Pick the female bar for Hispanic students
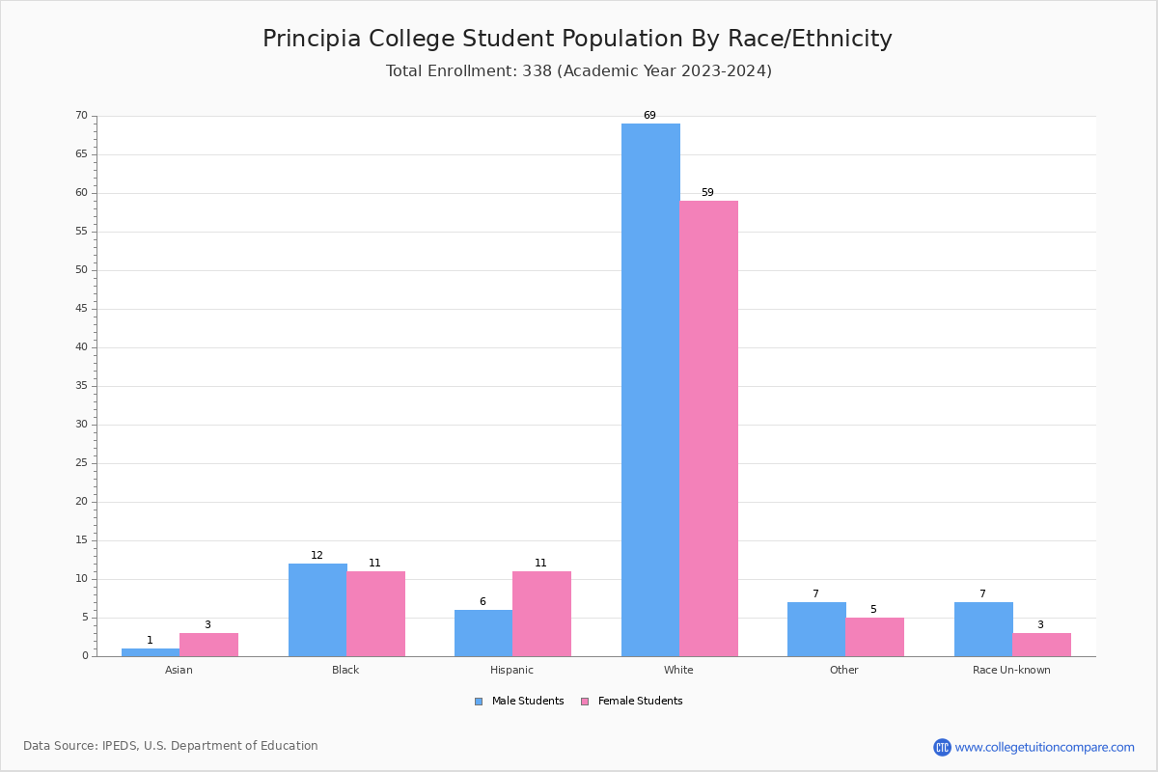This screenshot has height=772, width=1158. pyautogui.click(x=541, y=614)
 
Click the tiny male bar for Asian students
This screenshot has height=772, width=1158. pyautogui.click(x=151, y=652)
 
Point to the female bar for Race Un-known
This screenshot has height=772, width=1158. pyautogui.click(x=1041, y=645)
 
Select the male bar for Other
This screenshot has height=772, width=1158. pyautogui.click(x=816, y=629)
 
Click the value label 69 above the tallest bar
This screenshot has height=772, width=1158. pyautogui.click(x=649, y=116)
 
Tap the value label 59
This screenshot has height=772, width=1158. pyautogui.click(x=707, y=193)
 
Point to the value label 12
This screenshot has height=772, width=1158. pyautogui.click(x=317, y=556)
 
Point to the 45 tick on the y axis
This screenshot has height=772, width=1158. pyautogui.click(x=81, y=309)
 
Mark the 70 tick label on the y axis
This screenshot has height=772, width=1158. pyautogui.click(x=81, y=116)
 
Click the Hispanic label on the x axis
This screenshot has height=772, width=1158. pyautogui.click(x=511, y=670)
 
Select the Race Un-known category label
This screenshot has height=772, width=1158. pyautogui.click(x=1011, y=670)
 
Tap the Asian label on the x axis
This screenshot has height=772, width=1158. pyautogui.click(x=179, y=670)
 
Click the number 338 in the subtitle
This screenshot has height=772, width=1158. pyautogui.click(x=538, y=71)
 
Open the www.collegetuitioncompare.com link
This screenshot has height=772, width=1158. pyautogui.click(x=1044, y=747)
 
